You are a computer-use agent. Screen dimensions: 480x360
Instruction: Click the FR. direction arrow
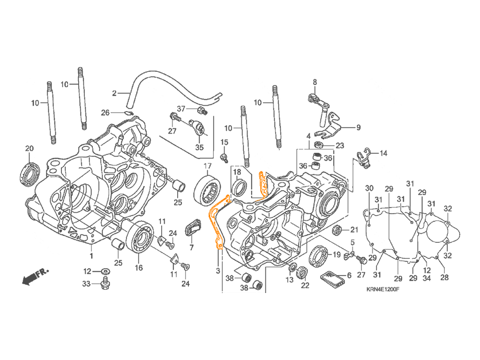coord(35,277)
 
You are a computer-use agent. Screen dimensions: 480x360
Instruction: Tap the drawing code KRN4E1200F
coord(382,289)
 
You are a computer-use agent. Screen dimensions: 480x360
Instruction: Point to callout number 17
coord(208,166)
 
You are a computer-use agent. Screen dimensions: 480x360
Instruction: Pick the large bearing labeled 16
coord(139,237)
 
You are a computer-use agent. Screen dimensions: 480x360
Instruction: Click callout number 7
coord(192,247)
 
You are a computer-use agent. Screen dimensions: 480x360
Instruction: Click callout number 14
coord(383,153)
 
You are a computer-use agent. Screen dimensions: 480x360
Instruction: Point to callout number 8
coord(315,82)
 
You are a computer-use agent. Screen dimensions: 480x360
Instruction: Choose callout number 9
coord(359,127)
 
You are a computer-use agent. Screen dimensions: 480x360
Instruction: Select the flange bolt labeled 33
coord(105,284)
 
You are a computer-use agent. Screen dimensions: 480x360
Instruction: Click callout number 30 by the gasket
coord(369,188)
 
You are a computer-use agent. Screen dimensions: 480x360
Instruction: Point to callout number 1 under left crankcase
coord(91,255)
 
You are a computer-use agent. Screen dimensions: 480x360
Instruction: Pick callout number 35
coord(199,147)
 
